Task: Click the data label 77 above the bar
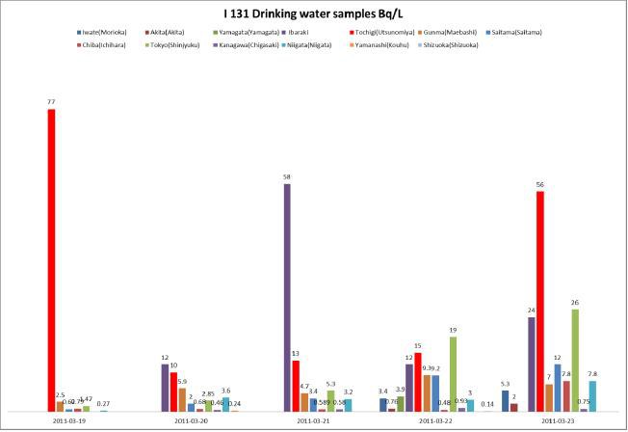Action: [x=50, y=101]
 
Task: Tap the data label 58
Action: [x=287, y=176]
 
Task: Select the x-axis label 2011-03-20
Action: [x=193, y=420]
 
